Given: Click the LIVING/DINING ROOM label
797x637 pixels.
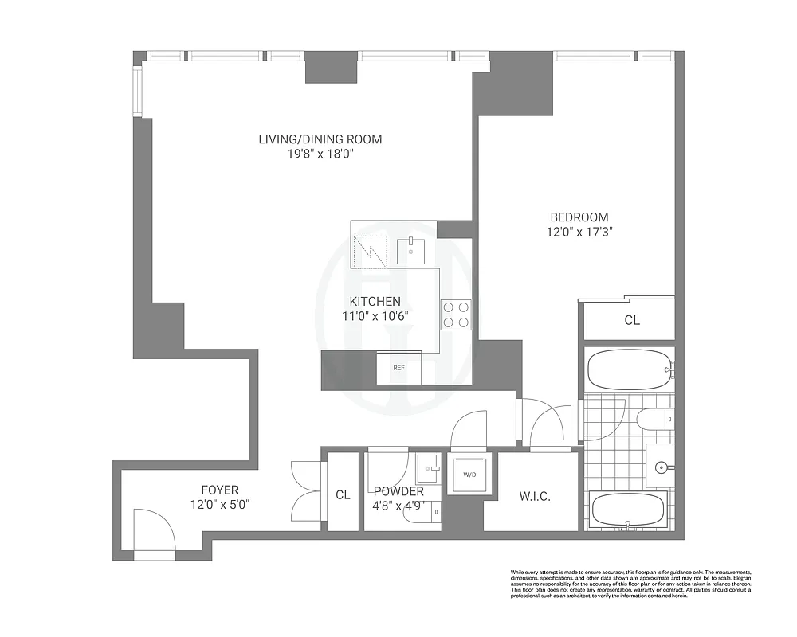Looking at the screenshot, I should point(320,139).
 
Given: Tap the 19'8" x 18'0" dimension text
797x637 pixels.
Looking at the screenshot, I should point(320,154).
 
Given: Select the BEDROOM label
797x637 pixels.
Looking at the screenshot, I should point(579,217).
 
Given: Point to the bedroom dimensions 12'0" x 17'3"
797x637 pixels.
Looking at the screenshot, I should point(579,233).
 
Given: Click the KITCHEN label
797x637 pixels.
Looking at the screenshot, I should point(375,302).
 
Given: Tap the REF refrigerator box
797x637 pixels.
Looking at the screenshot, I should point(399,368).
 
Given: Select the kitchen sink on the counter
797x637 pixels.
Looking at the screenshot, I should point(412,250).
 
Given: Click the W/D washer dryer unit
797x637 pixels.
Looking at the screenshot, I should point(468,475).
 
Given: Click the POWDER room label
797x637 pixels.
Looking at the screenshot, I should point(398,492).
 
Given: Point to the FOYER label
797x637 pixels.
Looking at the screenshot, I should point(219,490).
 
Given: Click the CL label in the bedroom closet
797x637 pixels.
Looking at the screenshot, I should point(632,321).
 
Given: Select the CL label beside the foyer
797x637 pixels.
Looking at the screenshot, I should point(343,494).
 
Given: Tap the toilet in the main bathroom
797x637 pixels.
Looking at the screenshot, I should point(652,419).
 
